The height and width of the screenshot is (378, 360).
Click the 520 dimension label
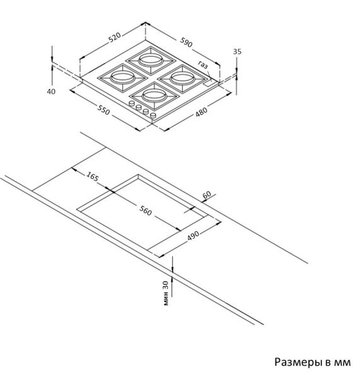(114, 38)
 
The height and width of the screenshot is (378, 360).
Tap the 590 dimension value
(186, 42)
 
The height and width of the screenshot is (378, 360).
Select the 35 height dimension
(237, 52)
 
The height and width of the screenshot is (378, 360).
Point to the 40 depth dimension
(51, 91)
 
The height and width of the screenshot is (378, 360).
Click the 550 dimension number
(103, 110)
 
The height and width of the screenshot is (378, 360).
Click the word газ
(203, 65)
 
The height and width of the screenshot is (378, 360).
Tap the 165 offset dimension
(93, 176)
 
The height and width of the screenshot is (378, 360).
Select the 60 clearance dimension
(207, 194)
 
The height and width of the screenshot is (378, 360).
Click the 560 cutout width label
(146, 211)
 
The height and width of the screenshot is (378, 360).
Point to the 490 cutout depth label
(194, 236)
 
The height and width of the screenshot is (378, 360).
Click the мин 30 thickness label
(166, 294)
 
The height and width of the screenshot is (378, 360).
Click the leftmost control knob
(132, 103)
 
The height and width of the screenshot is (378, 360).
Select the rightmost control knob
(153, 115)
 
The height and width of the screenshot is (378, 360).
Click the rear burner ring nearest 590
(150, 59)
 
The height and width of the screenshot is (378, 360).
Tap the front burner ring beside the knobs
(154, 94)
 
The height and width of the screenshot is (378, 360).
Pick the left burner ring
(122, 77)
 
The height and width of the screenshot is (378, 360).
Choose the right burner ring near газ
(182, 77)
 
